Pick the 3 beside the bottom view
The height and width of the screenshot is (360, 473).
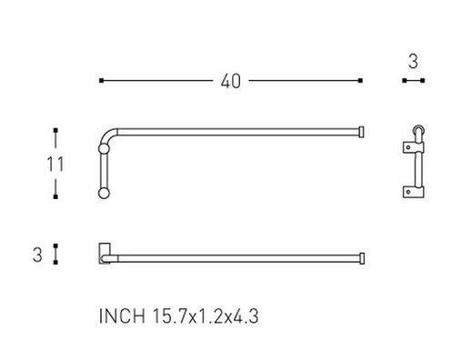coord(37,255)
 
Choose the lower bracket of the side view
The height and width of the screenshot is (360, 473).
coord(414,191)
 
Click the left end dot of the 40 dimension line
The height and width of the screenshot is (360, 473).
coord(100,81)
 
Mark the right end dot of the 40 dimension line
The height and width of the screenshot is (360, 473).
coord(362,81)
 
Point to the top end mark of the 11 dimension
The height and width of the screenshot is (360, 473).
coord(56,130)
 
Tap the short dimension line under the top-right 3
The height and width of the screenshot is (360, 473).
coord(415,81)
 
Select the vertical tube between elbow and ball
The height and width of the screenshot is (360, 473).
coord(101,168)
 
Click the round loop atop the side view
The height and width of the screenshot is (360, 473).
coord(418,131)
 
